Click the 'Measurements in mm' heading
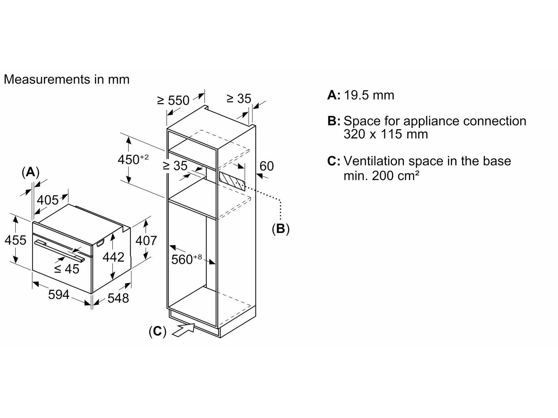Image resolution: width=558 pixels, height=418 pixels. (x=66, y=79)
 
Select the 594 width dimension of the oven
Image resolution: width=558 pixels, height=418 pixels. (x=59, y=295)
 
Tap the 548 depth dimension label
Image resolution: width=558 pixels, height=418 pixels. (x=118, y=298)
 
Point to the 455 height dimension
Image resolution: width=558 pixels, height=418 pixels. (x=15, y=240)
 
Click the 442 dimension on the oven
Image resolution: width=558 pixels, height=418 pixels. (x=113, y=257)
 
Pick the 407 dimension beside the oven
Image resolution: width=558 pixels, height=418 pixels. (x=146, y=240)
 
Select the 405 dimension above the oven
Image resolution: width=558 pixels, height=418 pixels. (x=48, y=200)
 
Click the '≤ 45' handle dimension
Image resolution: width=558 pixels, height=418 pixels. (x=67, y=269)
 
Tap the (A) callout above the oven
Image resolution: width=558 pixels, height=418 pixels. (x=30, y=172)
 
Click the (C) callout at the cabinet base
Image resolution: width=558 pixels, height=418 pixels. (x=157, y=331)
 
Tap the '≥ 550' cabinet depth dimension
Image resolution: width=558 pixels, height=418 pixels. (x=173, y=100)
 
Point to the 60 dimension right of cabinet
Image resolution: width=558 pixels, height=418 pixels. (x=266, y=166)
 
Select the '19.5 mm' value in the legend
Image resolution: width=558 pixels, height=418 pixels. (x=369, y=95)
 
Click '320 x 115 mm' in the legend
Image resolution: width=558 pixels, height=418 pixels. (x=385, y=134)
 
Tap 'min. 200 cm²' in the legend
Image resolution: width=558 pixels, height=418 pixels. (x=381, y=176)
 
